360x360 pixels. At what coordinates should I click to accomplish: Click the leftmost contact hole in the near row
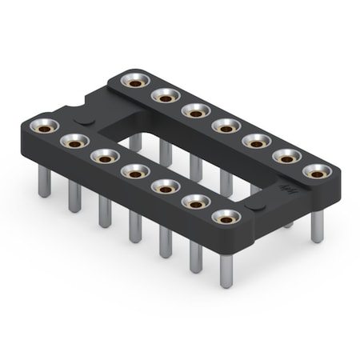click(43, 126)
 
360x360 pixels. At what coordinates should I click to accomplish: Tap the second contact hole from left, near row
click(74, 141)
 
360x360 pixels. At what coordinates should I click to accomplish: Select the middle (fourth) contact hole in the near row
click(134, 171)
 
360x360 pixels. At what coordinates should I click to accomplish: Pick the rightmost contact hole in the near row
click(226, 217)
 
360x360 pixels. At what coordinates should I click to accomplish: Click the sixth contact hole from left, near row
click(196, 202)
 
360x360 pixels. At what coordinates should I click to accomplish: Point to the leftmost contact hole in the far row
click(135, 81)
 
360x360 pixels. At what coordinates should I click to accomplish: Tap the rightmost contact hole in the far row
click(318, 171)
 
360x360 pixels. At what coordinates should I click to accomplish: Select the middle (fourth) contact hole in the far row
click(226, 126)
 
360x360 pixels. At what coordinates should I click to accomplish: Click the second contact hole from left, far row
click(166, 96)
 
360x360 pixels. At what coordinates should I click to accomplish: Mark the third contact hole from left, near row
click(104, 156)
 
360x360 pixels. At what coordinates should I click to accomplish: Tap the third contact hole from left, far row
click(196, 110)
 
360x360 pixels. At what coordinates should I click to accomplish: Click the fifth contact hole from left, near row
click(166, 186)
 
